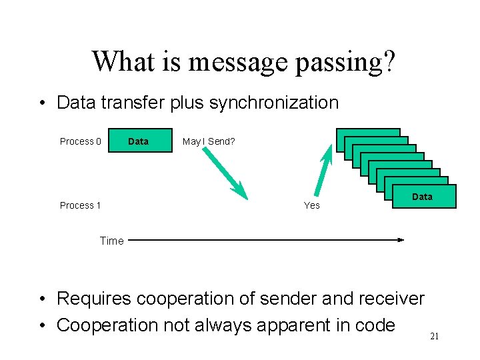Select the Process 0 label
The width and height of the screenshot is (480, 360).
pos(81,141)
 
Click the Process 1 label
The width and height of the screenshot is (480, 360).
pos(81,205)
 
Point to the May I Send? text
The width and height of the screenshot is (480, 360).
pos(209,141)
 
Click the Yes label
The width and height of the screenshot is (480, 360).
pos(312,205)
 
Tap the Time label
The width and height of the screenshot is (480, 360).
pos(111,241)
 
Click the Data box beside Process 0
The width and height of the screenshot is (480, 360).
pos(138,141)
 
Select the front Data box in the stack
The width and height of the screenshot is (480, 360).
pos(422,197)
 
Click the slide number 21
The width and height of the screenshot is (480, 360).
pos(434,337)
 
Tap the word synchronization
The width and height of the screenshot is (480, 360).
pos(274,103)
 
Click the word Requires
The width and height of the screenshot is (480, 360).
pos(98,299)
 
